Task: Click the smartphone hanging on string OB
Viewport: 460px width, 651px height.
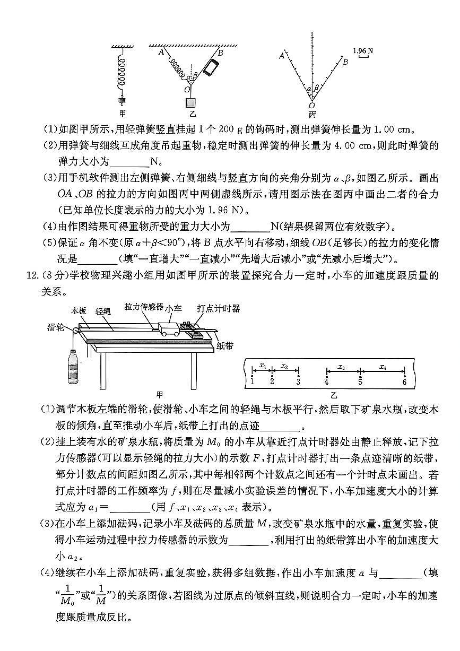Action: [x=212, y=68]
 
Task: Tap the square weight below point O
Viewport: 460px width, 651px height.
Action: [x=189, y=102]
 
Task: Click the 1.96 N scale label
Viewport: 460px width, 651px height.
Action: [x=363, y=51]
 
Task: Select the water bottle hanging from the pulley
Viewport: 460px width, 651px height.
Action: [x=73, y=367]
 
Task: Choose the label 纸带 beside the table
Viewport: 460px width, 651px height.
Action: [x=225, y=345]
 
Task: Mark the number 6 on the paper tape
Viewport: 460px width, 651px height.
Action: [x=404, y=381]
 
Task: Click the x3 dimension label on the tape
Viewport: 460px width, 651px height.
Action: [x=342, y=367]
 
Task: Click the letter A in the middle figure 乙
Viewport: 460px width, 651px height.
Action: [x=160, y=51]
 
